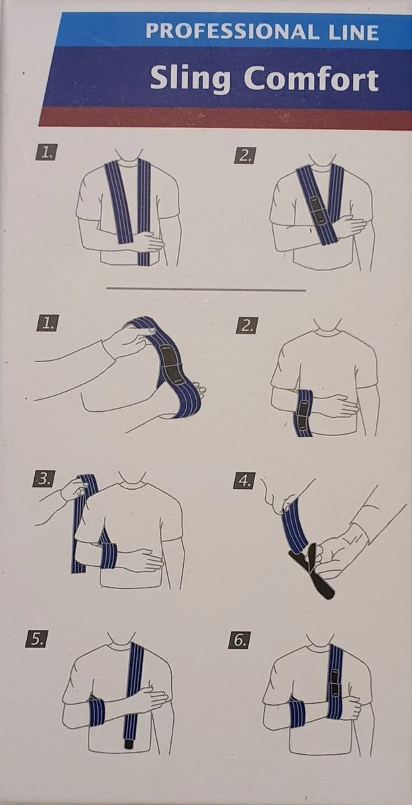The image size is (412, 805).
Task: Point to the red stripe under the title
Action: tap(221, 117)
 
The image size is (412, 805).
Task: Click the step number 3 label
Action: tap(45, 480)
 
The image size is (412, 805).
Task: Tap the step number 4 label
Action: tap(245, 480)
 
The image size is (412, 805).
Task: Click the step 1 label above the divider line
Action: tap(45, 154)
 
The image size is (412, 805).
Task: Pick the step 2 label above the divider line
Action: tap(245, 156)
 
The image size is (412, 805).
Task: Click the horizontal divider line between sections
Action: tap(206, 289)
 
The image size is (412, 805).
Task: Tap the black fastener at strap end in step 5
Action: tap(128, 743)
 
